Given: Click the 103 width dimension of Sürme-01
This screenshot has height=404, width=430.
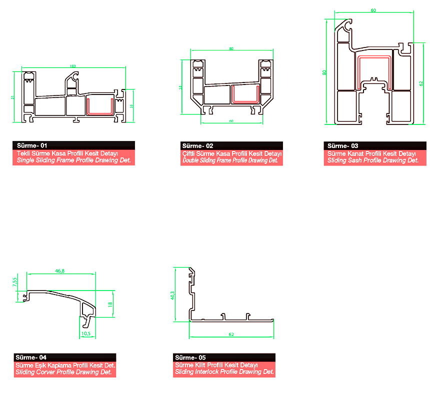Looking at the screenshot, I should click(73, 66).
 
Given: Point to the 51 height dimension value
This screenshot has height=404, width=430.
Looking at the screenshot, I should click(13, 97).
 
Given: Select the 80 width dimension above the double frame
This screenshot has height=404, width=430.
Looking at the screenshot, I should click(231, 48).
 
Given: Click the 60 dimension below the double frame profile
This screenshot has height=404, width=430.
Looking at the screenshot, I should click(231, 121).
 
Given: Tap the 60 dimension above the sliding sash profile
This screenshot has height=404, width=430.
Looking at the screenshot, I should click(373, 10).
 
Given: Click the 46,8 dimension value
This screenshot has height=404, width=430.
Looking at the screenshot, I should click(60, 270).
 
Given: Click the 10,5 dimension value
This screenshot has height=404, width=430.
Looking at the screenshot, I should click(85, 333).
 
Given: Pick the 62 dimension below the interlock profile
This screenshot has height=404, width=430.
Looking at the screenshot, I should click(231, 334).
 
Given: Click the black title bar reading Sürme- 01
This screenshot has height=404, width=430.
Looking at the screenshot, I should click(74, 146).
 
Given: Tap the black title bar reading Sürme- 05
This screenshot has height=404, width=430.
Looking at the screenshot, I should click(224, 357).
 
